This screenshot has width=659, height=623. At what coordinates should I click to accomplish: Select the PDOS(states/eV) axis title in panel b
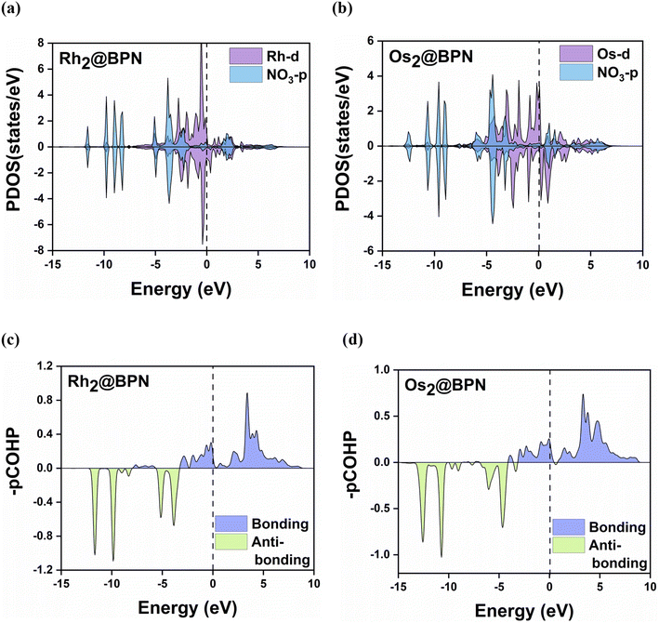tap(349, 146)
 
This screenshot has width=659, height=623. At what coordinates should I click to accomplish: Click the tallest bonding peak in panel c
tap(247, 393)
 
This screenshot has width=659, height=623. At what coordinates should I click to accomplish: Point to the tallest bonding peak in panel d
tap(583, 394)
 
